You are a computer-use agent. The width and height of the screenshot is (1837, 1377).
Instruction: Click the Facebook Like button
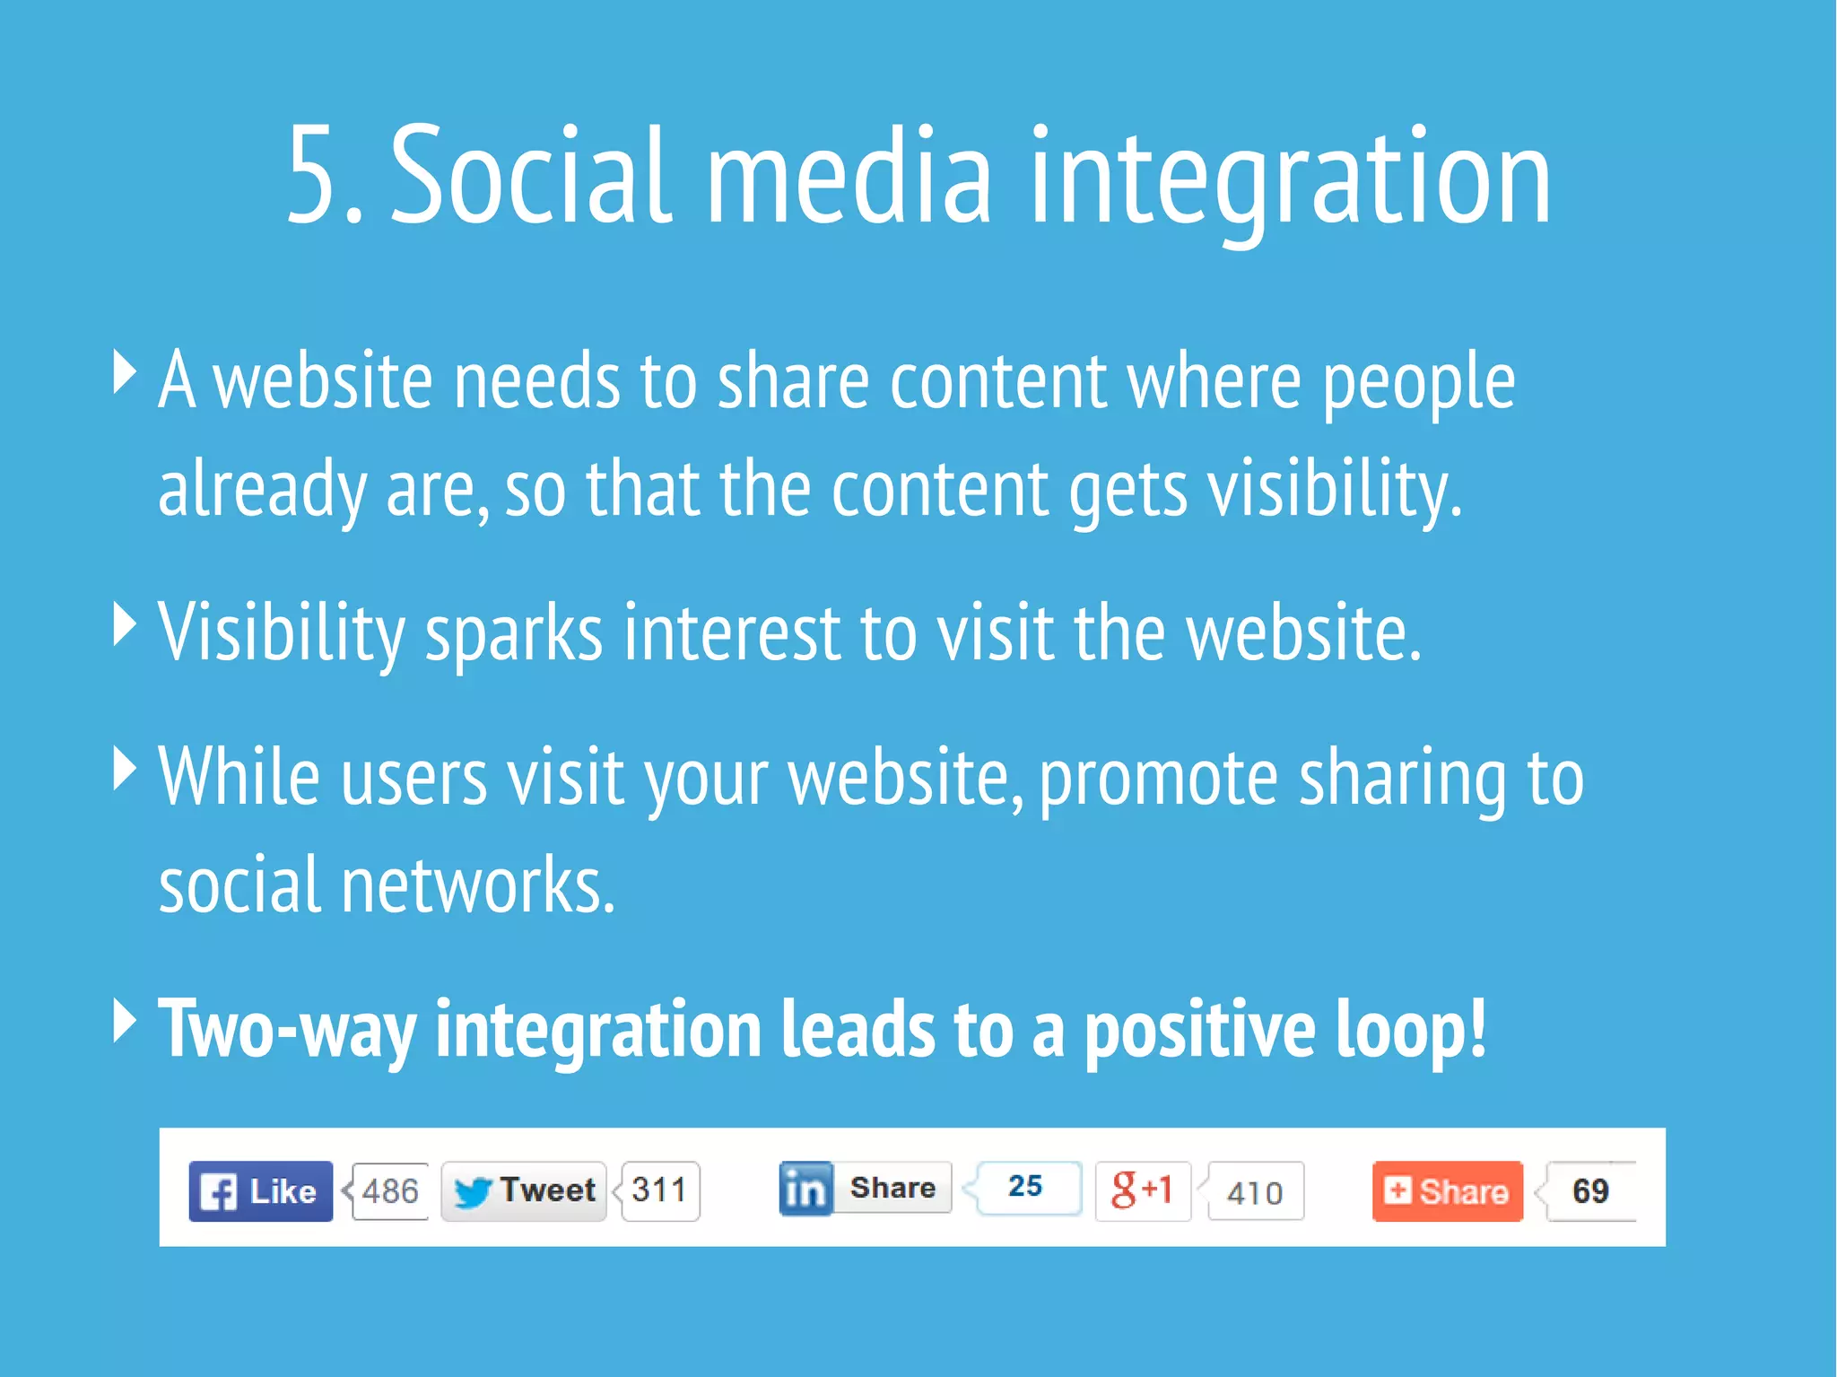click(x=260, y=1191)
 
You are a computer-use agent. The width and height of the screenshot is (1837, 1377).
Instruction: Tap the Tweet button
click(x=524, y=1191)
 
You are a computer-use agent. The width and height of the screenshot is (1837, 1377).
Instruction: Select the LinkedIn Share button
click(x=865, y=1189)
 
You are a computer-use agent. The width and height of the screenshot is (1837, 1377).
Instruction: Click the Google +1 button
click(x=1142, y=1190)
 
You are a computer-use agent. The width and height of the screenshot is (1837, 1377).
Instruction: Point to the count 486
click(x=390, y=1191)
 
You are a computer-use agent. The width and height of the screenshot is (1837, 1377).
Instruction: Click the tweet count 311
click(x=659, y=1190)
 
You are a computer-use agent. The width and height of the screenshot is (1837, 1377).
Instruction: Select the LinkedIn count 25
click(x=1026, y=1187)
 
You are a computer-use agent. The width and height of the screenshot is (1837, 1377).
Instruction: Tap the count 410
click(x=1255, y=1192)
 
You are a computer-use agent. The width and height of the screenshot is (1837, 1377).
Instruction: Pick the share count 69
click(x=1590, y=1191)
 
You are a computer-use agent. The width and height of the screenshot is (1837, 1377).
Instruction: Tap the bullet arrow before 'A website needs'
click(x=125, y=372)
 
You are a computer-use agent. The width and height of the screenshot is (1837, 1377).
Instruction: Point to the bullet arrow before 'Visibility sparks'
click(x=125, y=623)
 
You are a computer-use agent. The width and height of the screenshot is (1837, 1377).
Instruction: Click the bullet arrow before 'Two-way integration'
click(x=125, y=1020)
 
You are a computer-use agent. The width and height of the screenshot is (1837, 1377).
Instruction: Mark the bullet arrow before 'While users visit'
click(x=125, y=768)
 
